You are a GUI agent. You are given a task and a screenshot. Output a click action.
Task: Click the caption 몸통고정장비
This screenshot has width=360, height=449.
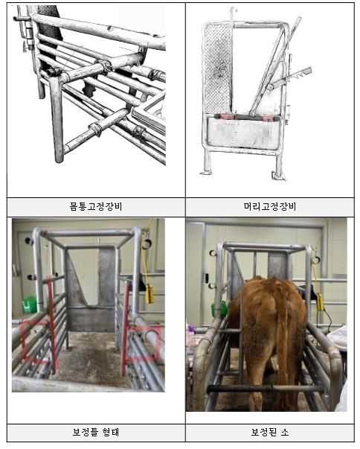point(96,207)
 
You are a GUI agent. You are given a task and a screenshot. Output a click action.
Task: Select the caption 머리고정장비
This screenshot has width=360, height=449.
point(270,207)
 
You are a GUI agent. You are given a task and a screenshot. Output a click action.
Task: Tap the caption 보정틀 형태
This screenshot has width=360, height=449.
point(96,432)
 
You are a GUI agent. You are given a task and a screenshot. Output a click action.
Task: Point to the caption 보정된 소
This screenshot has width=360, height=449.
point(270,432)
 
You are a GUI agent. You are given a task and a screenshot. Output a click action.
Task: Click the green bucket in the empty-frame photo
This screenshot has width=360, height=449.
point(30,304)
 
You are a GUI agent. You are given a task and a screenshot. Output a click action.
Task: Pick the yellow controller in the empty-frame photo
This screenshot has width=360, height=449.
point(150,293)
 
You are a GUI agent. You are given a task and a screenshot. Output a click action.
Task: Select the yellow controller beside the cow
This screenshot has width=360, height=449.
point(320,302)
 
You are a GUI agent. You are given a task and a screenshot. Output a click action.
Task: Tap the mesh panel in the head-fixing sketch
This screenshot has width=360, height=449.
point(217,69)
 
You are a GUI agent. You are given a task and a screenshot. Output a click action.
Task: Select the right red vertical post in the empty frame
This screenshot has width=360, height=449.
point(125,328)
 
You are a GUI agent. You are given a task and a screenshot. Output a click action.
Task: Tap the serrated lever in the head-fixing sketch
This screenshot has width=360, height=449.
point(289,77)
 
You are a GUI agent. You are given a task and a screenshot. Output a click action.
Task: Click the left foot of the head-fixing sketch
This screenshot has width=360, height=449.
point(207,172)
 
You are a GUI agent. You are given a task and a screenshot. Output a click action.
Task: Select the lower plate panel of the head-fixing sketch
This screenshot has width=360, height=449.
point(243,133)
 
